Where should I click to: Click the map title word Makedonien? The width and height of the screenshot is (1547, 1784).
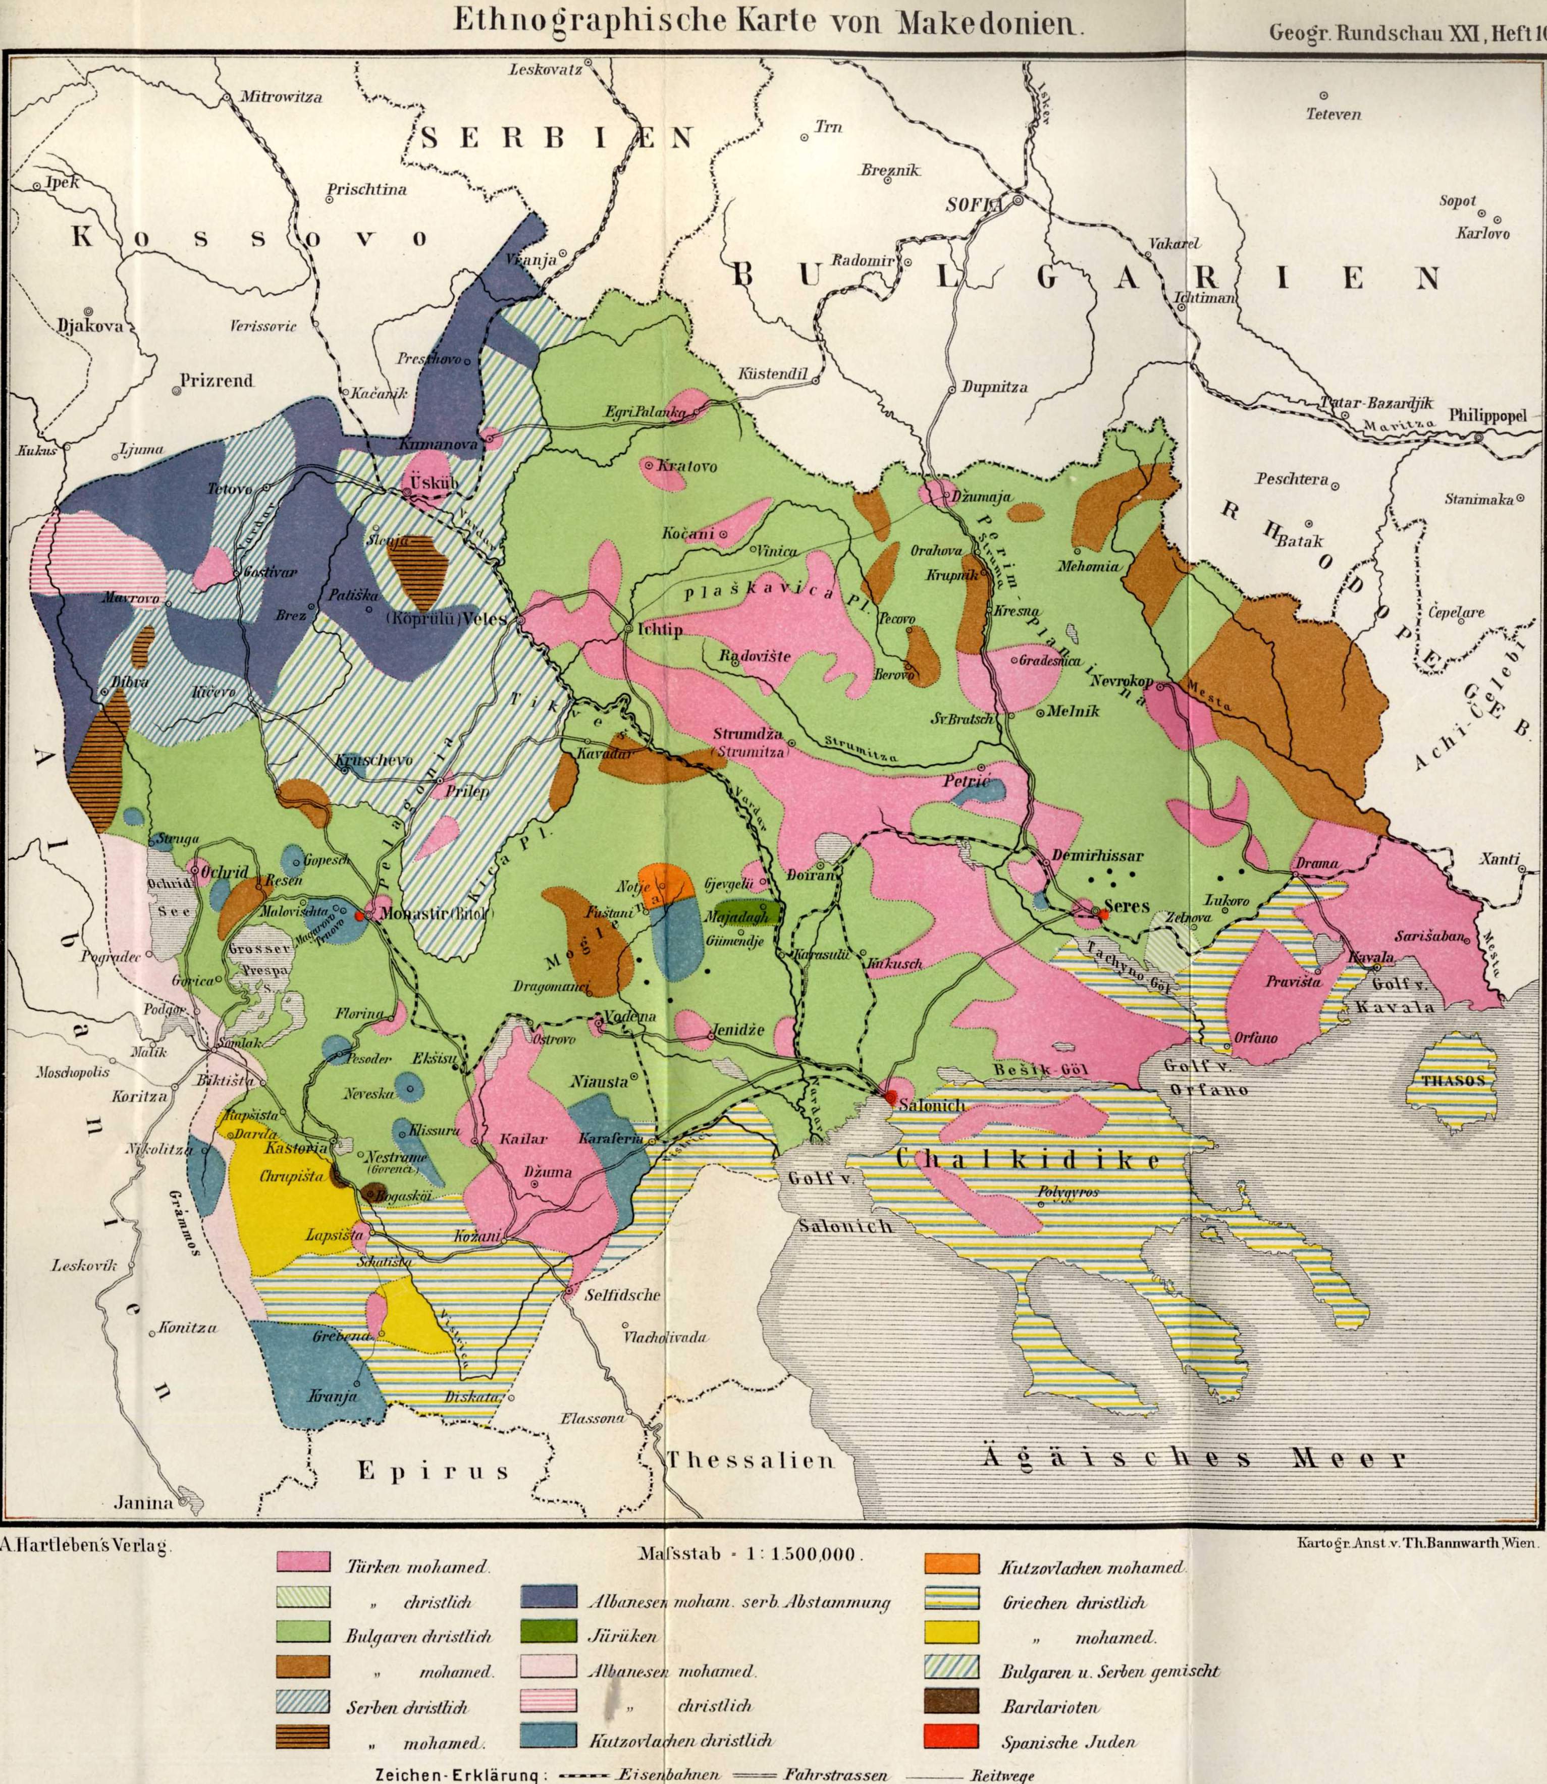coord(988,22)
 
